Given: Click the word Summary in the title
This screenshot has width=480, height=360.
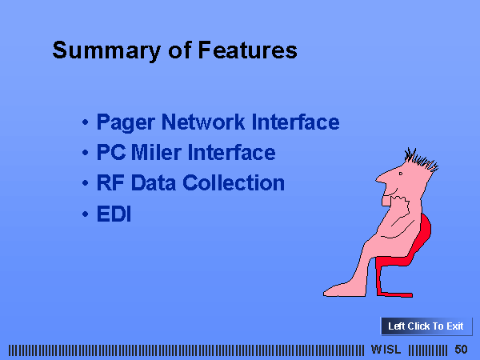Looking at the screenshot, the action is coord(106,51).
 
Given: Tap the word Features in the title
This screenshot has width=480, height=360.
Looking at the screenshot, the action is coord(248,50).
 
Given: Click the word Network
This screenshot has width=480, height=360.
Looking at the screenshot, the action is coord(203,122).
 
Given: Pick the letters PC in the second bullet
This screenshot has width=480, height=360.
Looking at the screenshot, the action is coord(111,152).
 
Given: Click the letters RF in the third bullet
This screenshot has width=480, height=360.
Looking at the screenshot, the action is coord(110,182).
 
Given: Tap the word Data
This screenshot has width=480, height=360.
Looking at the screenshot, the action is coord(154,182).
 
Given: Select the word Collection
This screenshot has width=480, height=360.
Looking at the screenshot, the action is coord(234,182).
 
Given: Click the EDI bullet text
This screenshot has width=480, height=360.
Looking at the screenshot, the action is coord(114,214).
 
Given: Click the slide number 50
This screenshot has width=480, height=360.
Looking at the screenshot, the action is coord(461,350).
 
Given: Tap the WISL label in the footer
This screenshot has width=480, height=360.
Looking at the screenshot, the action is coord(386,350).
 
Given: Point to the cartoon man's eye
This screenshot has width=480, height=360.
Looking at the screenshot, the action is coord(401,174).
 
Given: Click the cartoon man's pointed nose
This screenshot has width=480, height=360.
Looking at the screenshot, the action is coord(379,178).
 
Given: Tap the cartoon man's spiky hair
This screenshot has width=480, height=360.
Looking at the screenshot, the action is coord(422,159).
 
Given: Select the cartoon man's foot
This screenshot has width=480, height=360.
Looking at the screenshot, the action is coord(344,290).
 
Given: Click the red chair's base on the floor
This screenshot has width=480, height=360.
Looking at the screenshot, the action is coord(395,294).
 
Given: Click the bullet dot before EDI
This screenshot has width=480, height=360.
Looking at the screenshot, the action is coord(85,214).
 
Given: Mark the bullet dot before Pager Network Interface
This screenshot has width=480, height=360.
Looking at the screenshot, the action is coord(85,122).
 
